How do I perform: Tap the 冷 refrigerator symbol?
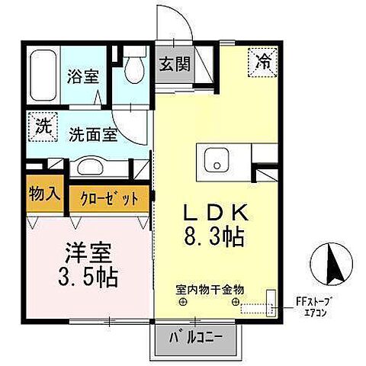(262, 60)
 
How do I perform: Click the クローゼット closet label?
(110, 200)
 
